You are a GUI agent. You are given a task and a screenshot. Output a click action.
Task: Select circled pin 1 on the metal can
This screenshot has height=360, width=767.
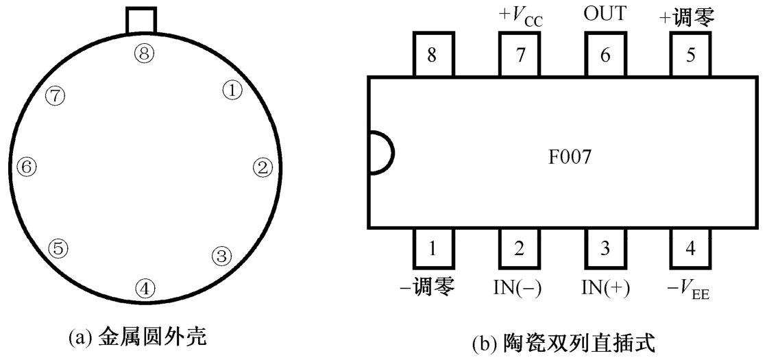[233, 89]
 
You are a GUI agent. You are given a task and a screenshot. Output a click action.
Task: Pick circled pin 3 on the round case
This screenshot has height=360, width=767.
[221, 256]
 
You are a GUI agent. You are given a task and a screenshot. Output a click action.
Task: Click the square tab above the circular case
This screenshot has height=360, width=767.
[142, 21]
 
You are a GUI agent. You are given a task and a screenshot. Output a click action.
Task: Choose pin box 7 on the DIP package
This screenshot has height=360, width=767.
[518, 56]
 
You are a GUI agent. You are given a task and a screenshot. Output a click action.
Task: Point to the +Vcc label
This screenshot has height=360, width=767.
[518, 15]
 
